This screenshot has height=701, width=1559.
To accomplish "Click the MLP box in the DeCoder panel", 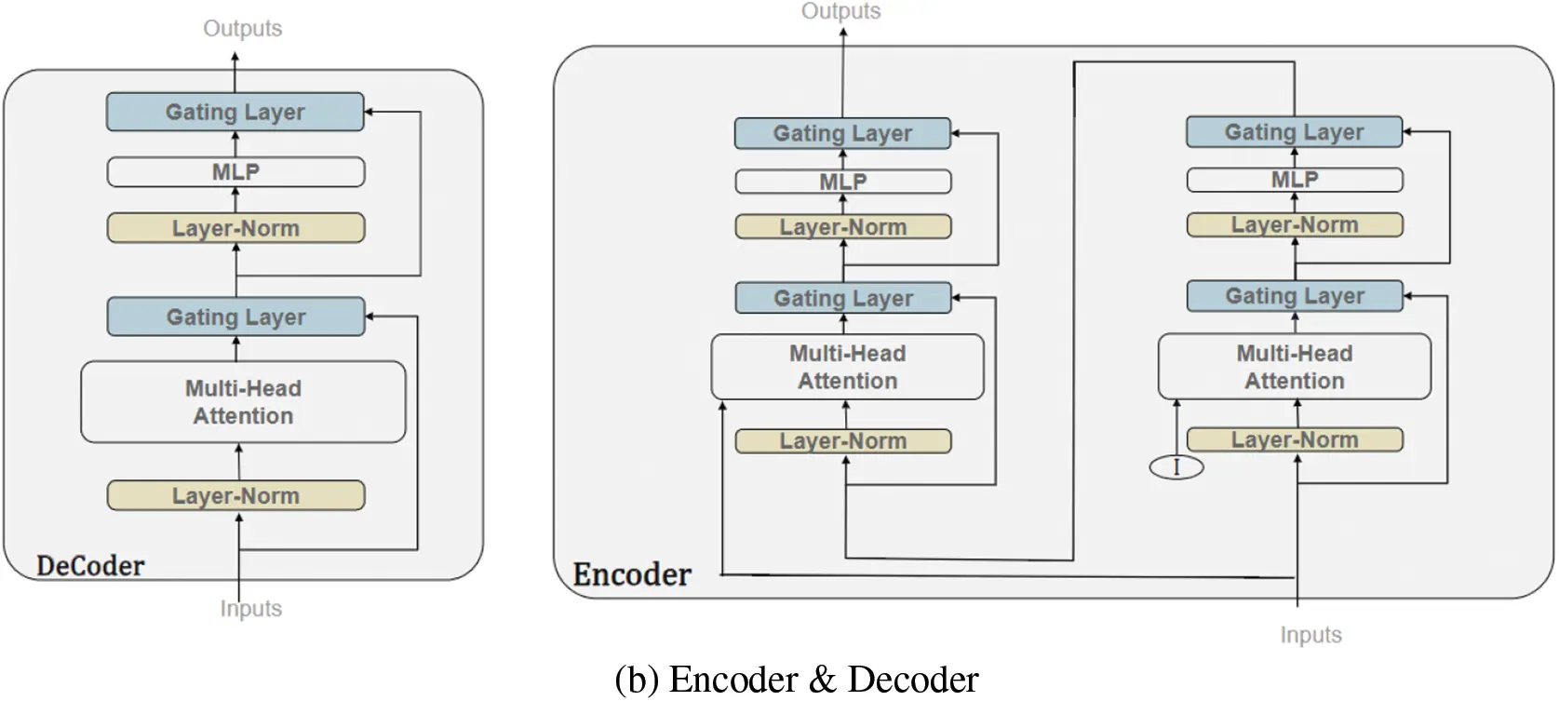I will click(235, 172).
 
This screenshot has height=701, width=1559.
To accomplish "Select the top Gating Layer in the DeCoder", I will click(235, 112).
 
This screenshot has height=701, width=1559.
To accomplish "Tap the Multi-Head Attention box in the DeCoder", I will click(243, 402).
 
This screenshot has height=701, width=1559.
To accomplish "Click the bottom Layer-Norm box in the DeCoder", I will click(235, 495).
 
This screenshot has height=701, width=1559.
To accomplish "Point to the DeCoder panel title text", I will click(90, 566).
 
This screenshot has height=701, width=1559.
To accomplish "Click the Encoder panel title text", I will click(632, 574).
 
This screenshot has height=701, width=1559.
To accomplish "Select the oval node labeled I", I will click(1176, 466).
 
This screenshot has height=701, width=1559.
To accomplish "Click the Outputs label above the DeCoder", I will click(242, 29).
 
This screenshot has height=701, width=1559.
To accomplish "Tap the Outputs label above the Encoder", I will click(840, 11).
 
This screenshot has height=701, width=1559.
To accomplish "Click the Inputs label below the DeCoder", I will click(250, 609).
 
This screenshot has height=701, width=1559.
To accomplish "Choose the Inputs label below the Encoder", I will click(1310, 635).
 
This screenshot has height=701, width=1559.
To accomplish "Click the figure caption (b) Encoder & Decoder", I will click(797, 680).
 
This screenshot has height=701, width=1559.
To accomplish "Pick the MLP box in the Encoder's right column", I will click(1295, 180).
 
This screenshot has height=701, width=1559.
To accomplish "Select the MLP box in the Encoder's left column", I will click(843, 182).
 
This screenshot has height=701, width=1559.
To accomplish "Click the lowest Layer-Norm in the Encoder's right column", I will click(1295, 439).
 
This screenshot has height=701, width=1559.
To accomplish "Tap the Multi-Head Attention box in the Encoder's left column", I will click(847, 367).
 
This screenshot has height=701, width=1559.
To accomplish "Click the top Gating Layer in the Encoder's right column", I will click(1295, 132).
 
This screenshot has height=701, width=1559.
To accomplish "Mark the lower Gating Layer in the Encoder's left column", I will click(843, 298).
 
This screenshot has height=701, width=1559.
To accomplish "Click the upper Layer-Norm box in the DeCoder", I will click(235, 228).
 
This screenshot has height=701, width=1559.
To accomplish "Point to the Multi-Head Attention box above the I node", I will click(1295, 367).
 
